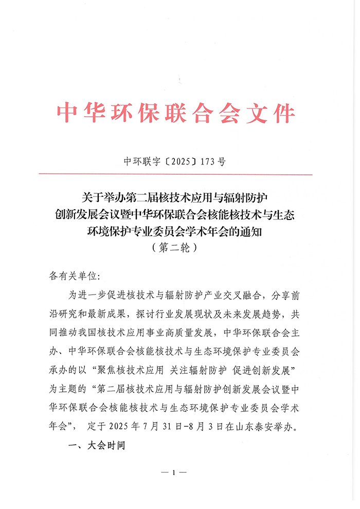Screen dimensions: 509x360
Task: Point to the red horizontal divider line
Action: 180,175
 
